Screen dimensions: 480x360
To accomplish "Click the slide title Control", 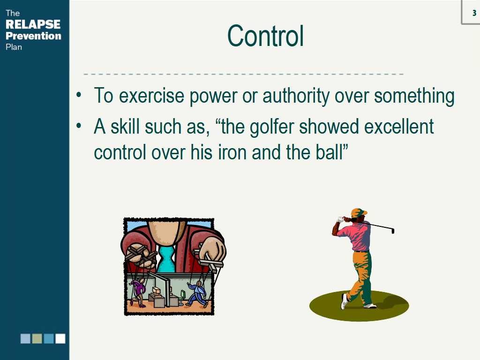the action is point(265,36).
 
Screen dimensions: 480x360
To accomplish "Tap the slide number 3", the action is point(474,13).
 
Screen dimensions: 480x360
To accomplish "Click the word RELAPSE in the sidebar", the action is point(33,24).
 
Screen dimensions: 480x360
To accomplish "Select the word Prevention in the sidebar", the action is point(33,36).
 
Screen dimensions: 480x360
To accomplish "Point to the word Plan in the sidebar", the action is point(14,47).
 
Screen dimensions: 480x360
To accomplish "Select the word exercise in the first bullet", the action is point(151,96).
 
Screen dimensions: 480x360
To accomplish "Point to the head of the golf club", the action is point(393,230).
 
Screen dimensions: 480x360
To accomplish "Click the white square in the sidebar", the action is point(60,338).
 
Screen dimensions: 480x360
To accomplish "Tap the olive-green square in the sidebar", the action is point(37,338).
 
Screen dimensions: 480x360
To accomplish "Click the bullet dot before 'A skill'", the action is point(79,125).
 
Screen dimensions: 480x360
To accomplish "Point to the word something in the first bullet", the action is point(414,96).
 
